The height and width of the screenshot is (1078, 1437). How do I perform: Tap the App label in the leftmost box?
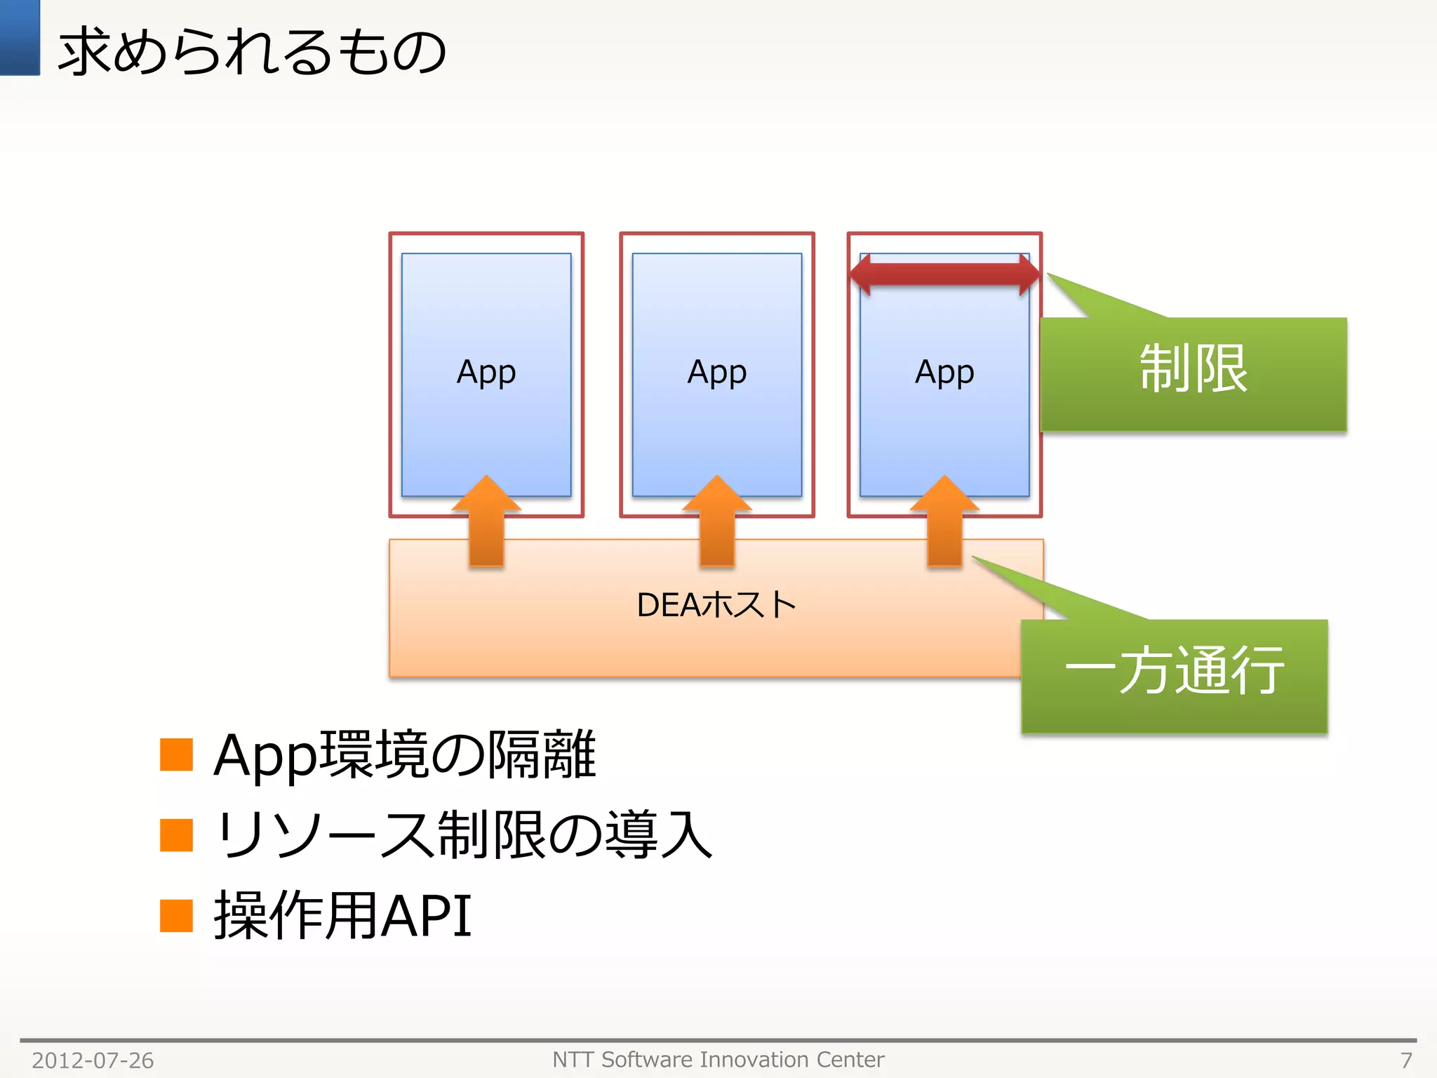click(486, 372)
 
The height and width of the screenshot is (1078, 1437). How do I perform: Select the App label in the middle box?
click(716, 372)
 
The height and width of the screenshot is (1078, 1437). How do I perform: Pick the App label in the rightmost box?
click(944, 372)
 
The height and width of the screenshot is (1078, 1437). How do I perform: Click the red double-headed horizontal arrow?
click(944, 274)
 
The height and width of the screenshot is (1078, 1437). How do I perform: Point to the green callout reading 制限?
click(1193, 372)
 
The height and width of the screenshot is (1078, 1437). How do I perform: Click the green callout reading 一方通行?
click(1174, 674)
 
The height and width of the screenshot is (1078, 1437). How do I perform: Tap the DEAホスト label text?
click(716, 605)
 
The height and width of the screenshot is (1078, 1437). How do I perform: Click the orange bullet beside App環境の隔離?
click(176, 754)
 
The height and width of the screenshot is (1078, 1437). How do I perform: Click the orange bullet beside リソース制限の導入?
click(176, 835)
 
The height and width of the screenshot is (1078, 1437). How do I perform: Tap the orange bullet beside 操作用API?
click(176, 915)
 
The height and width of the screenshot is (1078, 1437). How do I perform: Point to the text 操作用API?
click(342, 915)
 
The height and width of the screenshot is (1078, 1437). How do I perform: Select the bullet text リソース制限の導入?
click(463, 835)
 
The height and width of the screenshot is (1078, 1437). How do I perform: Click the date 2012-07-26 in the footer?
click(93, 1060)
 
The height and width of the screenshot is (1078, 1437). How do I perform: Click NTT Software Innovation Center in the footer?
click(718, 1059)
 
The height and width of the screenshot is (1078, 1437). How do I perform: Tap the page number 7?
click(1406, 1060)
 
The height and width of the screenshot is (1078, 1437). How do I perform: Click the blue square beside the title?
click(20, 37)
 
